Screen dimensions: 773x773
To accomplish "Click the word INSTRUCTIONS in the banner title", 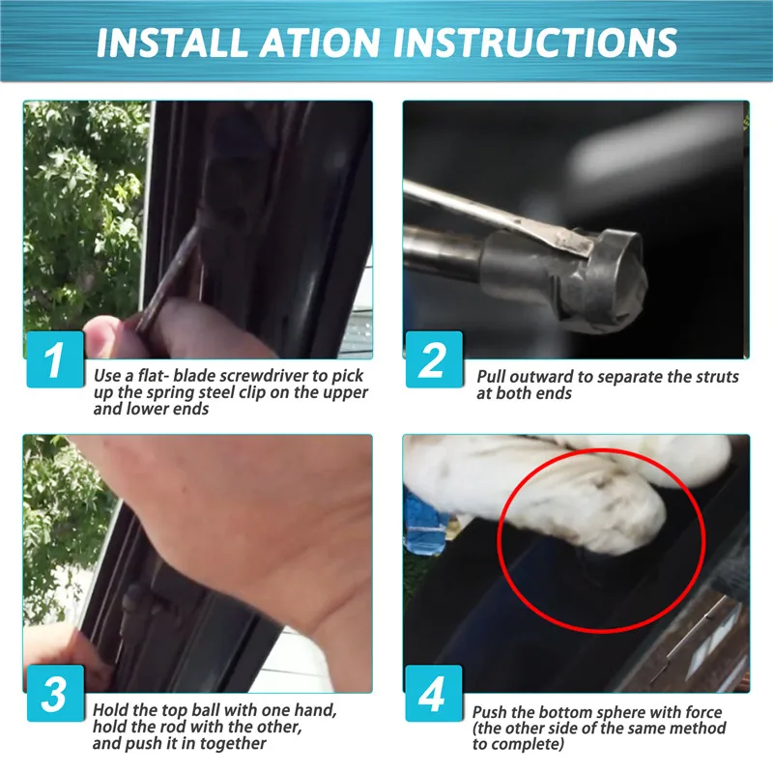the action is tap(535, 43).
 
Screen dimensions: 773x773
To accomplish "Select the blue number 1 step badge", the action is tap(55, 358).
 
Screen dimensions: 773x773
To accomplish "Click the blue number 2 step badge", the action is tap(434, 359).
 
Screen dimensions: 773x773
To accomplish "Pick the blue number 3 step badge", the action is tap(55, 693).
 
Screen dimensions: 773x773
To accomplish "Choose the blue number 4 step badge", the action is tap(434, 693).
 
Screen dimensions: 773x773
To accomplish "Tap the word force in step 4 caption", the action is tap(703, 712).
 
